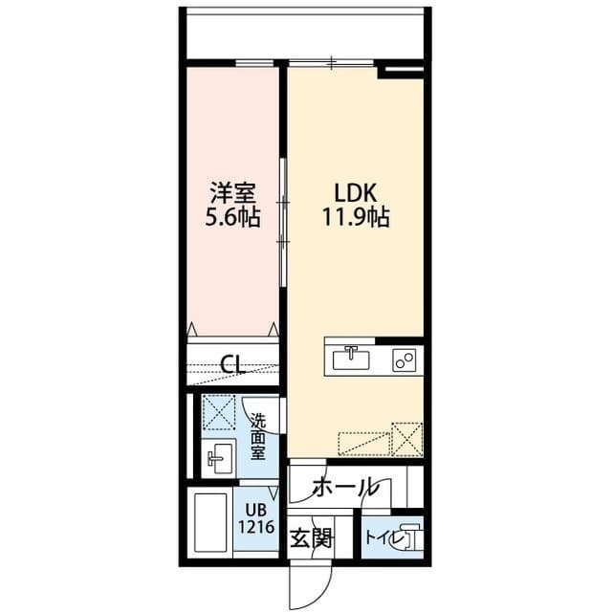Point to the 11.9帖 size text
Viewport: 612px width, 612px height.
354,217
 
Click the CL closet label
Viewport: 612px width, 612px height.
231,363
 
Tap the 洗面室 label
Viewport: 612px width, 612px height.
257,435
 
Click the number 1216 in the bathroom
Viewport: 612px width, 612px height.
257,526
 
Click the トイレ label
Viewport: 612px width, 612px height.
382,536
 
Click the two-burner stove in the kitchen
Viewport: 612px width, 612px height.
403,360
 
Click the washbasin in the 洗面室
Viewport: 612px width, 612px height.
221,459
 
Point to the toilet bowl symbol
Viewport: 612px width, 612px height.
411,536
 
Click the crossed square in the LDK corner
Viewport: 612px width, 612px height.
408,439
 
